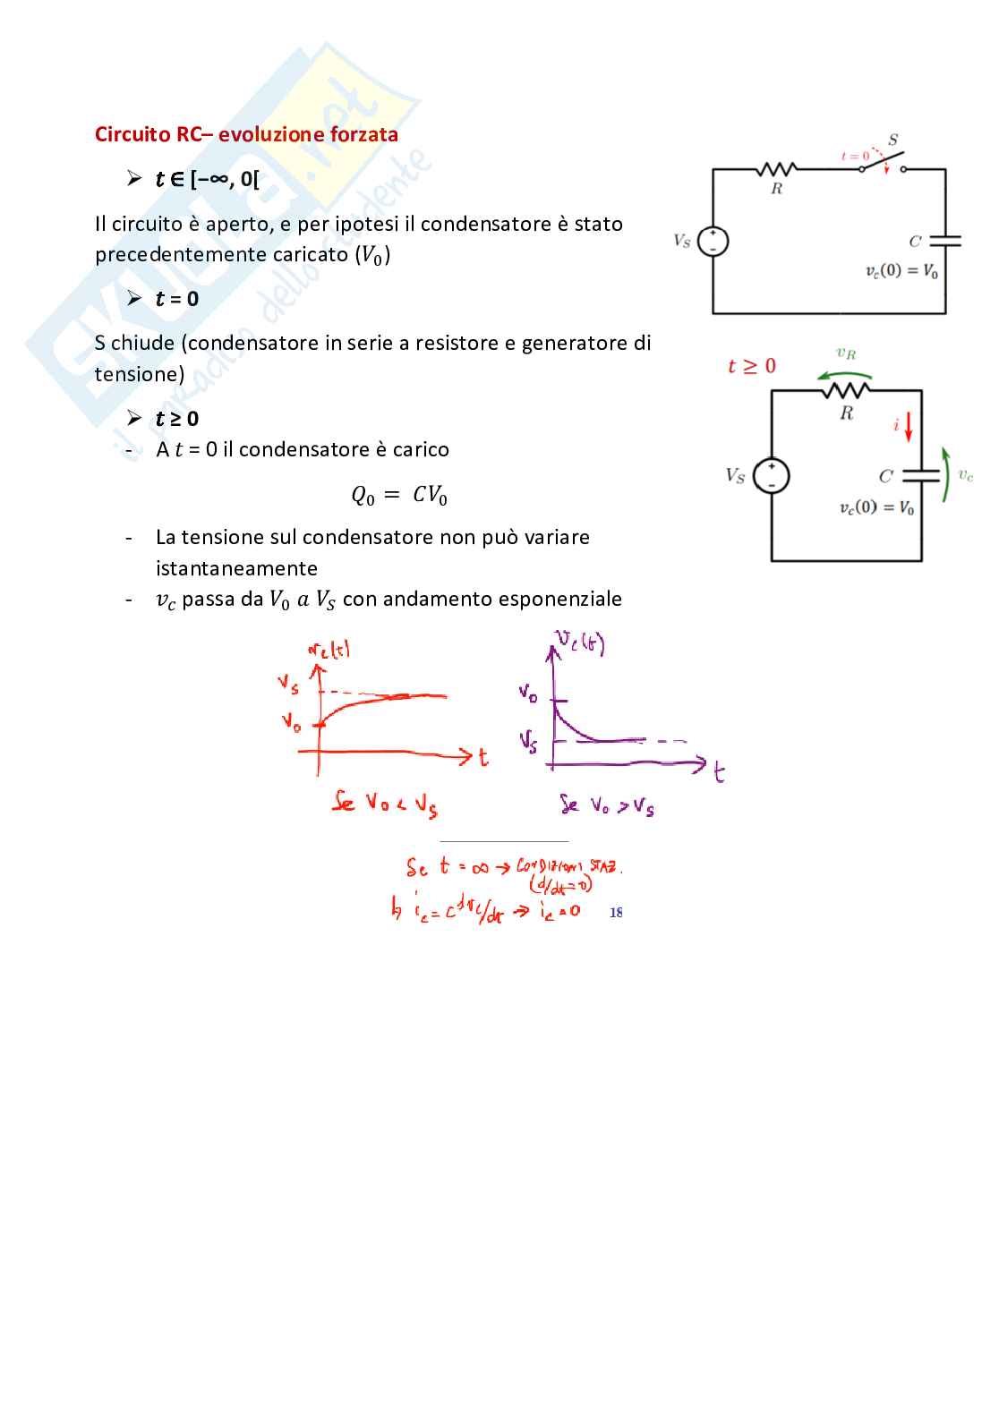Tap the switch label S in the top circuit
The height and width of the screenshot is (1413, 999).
[x=892, y=140]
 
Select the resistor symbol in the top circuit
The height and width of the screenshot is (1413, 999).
[x=777, y=169]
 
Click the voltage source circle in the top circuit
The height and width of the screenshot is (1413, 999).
[x=713, y=242]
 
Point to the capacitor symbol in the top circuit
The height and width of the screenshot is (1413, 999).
[x=945, y=241]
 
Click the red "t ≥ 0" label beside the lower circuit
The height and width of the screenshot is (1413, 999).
[x=752, y=366]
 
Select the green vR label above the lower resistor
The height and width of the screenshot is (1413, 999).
[x=846, y=354]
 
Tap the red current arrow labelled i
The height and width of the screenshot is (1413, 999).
[x=909, y=427]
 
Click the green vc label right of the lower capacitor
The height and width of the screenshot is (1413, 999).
[x=966, y=475]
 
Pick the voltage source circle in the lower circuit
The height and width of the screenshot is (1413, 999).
[x=772, y=475]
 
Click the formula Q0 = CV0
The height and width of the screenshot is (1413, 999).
[x=399, y=495]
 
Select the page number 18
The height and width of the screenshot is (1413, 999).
[x=616, y=912]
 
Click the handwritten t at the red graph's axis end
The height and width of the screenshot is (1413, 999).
[x=483, y=757]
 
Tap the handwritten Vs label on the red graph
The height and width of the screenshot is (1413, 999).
[x=288, y=685]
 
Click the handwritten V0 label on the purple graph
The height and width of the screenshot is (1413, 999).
[x=528, y=692]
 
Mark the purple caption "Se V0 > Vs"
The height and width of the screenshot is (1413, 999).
[x=607, y=805]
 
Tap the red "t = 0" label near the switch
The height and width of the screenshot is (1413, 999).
[x=855, y=157]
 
